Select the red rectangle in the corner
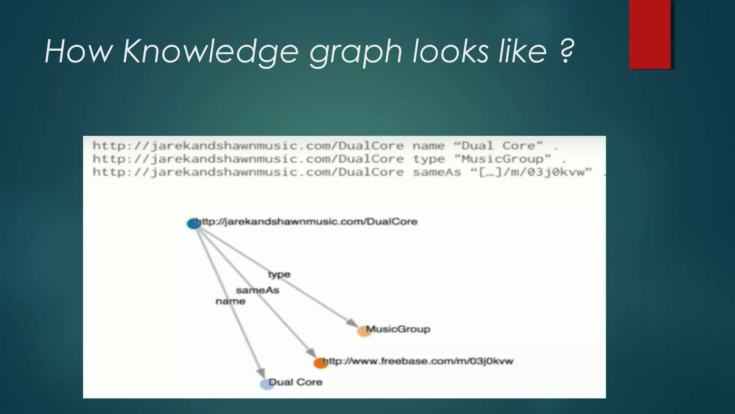coord(650,34)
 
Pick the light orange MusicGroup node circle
coord(364,331)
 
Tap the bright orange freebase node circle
coord(320,363)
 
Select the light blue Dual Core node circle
coord(267,384)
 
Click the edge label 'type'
coord(279,275)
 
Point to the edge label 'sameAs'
coord(257,290)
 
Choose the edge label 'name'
coord(230,301)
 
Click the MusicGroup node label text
coord(398,329)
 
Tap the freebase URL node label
coord(418,361)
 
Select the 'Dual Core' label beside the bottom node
coord(295,382)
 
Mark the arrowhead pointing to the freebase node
coord(311,353)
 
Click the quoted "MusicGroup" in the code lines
coord(502,159)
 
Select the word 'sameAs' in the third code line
coord(436,172)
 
